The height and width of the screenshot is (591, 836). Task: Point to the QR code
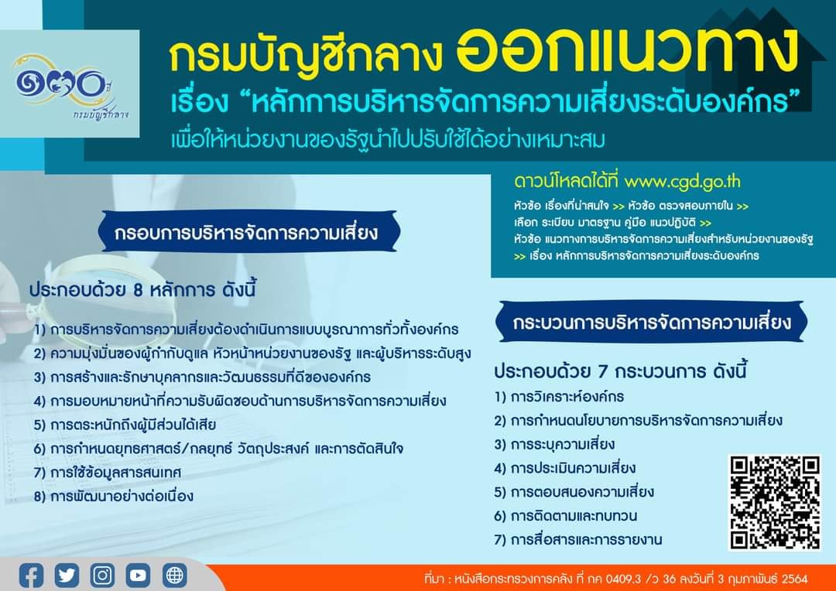click(775, 502)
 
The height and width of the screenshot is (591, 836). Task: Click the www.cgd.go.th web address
click(683, 182)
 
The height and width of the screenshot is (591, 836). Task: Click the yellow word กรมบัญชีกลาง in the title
click(306, 57)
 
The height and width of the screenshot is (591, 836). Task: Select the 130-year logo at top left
click(69, 85)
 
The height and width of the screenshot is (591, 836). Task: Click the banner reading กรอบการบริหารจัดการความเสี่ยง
click(247, 232)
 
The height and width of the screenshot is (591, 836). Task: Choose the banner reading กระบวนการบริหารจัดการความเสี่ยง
click(652, 322)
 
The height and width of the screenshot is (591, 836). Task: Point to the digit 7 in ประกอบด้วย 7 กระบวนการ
click(602, 371)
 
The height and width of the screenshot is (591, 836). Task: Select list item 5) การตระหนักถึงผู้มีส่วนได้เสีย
click(125, 425)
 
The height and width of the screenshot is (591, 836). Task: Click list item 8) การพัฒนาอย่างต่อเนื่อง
click(114, 496)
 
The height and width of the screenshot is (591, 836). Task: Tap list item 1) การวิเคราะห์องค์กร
click(559, 397)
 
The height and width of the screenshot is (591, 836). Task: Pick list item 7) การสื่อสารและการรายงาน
click(578, 539)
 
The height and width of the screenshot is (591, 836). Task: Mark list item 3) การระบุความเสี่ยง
click(554, 444)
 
